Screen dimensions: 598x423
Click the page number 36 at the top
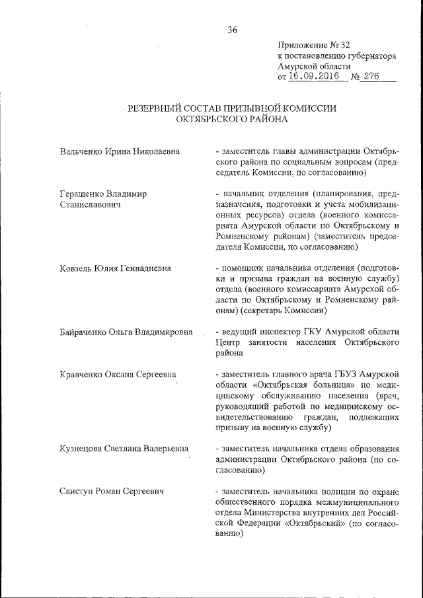point(232,29)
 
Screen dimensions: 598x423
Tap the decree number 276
point(371,77)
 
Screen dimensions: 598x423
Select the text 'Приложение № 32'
point(313,45)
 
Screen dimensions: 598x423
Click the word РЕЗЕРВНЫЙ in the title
point(161,108)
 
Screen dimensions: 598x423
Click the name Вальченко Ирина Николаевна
point(120,152)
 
